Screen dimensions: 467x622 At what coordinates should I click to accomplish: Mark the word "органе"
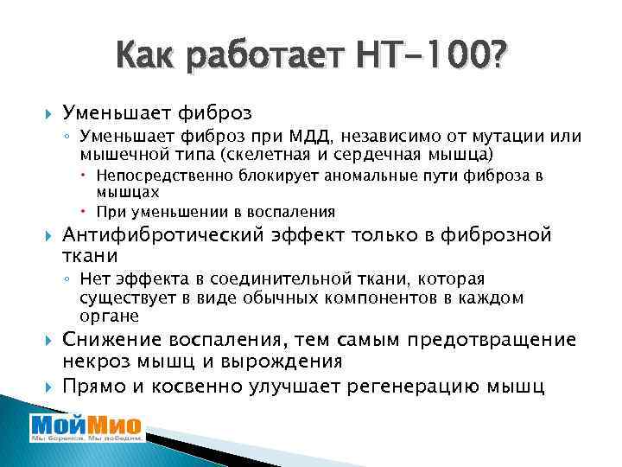tap(106, 315)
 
